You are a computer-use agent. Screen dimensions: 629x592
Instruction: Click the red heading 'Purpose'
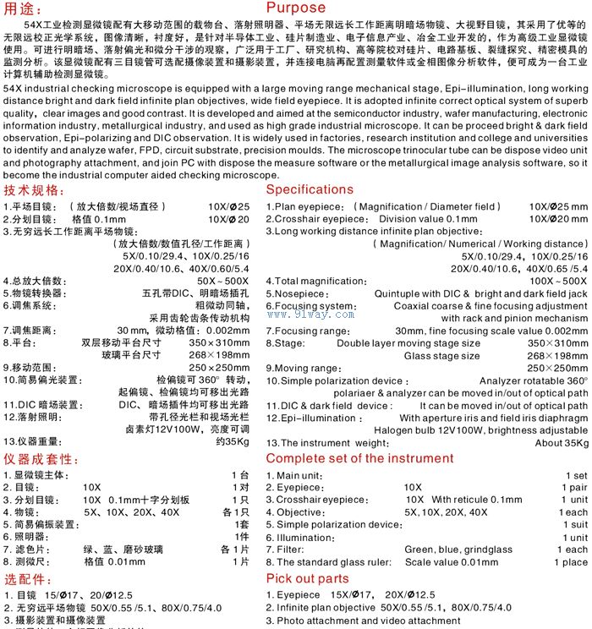point(296,8)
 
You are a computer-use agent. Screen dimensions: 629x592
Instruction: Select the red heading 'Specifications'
point(310,189)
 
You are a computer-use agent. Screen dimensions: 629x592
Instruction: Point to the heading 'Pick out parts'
point(307,578)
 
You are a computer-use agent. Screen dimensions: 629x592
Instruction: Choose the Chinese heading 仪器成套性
point(41,458)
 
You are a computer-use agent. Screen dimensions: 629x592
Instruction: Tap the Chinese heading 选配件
point(28,579)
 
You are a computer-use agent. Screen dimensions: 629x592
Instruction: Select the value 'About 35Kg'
point(562,443)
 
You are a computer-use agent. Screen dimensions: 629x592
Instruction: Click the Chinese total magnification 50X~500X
point(222,281)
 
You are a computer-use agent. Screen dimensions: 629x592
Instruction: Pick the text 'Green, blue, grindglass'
point(458,550)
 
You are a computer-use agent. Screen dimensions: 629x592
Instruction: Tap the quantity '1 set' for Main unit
point(576,476)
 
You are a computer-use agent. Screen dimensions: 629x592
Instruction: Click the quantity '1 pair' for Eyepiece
point(574,488)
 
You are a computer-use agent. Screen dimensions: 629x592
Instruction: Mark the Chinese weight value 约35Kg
point(233,441)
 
